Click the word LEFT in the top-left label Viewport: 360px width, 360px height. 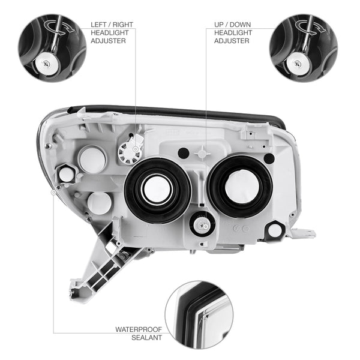click(98, 25)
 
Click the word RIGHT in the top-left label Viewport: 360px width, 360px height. click(122, 25)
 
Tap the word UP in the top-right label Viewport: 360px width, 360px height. click(219, 25)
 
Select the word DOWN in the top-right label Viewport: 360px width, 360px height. click(240, 25)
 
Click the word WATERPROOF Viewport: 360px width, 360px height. click(139, 329)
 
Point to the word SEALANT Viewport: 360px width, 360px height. click(147, 337)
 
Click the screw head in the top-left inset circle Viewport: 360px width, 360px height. click(47, 64)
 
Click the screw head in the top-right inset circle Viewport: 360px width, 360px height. click(298, 64)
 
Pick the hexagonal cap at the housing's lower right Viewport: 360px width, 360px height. click(275, 230)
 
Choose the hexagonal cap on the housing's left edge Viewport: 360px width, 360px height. click(65, 174)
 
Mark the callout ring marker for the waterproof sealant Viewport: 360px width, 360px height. click(53, 193)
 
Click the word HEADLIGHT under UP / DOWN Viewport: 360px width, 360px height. click(233, 32)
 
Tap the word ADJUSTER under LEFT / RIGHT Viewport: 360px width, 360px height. click(108, 41)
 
